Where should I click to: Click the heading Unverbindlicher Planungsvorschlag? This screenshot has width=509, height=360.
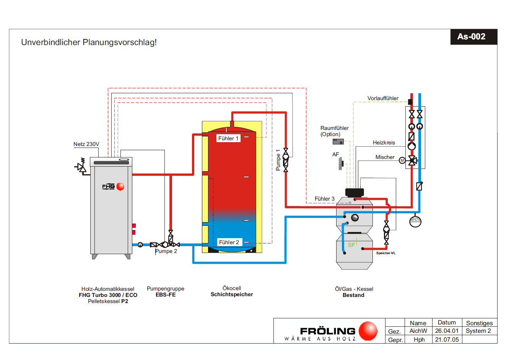click(89, 42)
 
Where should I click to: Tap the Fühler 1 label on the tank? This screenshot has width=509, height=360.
click(228, 138)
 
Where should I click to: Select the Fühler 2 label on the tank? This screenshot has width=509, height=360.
click(229, 242)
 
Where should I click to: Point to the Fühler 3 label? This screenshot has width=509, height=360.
click(324, 199)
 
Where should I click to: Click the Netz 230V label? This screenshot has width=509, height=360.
click(86, 144)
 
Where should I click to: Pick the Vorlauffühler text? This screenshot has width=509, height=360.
click(382, 98)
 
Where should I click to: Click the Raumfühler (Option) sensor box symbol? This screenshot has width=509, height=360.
click(338, 141)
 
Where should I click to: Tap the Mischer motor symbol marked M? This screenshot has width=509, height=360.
click(402, 161)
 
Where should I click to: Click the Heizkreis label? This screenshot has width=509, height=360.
click(384, 143)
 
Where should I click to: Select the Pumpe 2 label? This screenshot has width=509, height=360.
click(166, 251)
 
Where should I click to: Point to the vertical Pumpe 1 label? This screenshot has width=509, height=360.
click(278, 160)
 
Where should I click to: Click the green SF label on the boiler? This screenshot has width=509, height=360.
click(351, 245)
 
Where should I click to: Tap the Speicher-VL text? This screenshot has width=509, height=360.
click(385, 253)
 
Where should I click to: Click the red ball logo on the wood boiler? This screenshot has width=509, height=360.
click(120, 186)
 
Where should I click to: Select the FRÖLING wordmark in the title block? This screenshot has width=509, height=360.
click(327, 331)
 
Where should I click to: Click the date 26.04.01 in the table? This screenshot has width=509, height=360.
click(446, 331)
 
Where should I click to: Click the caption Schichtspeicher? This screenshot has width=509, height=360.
click(232, 295)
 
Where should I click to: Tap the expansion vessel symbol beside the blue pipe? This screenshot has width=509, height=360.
click(415, 221)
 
